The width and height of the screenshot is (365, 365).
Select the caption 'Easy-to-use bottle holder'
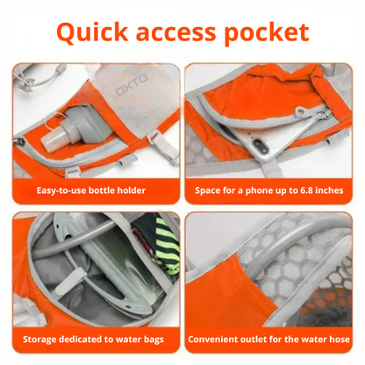[91, 190]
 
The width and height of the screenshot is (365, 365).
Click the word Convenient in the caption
[219, 338]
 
